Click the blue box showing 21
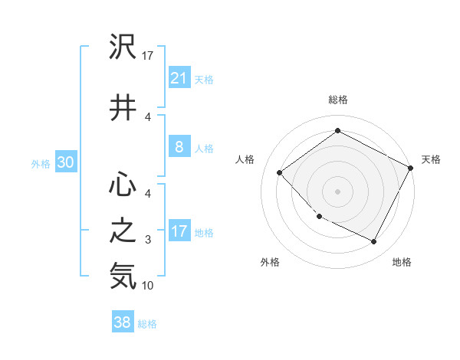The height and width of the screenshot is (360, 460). pos(179,78)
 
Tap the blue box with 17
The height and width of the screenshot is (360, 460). pos(179,232)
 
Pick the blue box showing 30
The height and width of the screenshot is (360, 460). pos(65,163)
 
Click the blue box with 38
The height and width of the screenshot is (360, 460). pos(123,323)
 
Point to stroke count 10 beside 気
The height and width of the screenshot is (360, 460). pos(148,286)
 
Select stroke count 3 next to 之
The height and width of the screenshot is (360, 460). pos(148,241)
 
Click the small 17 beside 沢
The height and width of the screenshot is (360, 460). pos(148,55)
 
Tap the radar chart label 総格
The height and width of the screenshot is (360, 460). pos(338,100)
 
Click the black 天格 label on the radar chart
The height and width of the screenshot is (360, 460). pos(431,159)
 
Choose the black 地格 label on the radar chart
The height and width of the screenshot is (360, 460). pos(402,262)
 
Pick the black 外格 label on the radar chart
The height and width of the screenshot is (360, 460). pos(270,262)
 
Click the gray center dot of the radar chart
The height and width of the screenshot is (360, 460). pos(337,191)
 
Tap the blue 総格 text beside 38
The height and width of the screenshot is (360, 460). pos(147,324)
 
